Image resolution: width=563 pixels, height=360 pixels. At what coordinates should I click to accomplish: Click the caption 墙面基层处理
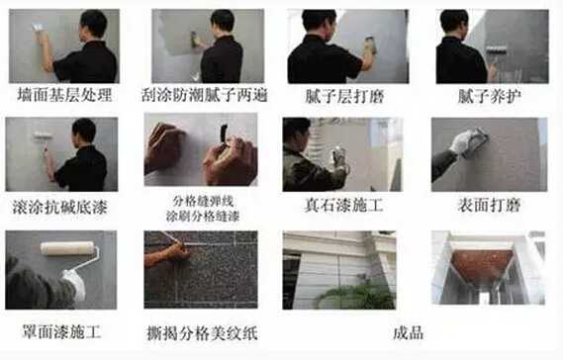pyautogui.click(x=64, y=96)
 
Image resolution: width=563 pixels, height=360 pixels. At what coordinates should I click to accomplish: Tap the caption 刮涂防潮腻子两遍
pyautogui.click(x=205, y=96)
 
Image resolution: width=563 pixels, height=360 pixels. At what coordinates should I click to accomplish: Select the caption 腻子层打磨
pyautogui.click(x=344, y=96)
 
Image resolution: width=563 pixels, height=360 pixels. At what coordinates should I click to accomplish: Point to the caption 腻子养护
pyautogui.click(x=490, y=96)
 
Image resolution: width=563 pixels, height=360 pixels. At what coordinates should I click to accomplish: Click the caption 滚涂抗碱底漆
pyautogui.click(x=60, y=207)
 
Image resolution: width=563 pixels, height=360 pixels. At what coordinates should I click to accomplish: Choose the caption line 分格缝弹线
pyautogui.click(x=203, y=202)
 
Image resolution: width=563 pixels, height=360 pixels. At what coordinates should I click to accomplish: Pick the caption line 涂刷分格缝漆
pyautogui.click(x=203, y=216)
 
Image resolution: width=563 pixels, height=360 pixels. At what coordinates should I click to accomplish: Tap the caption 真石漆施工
pyautogui.click(x=343, y=206)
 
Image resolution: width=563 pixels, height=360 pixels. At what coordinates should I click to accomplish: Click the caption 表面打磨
pyautogui.click(x=489, y=206)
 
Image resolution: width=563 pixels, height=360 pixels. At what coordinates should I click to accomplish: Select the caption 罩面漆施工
pyautogui.click(x=61, y=331)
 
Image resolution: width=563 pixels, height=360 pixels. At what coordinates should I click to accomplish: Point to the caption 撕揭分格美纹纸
pyautogui.click(x=202, y=333)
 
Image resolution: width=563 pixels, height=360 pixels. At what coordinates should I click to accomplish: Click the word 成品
pyautogui.click(x=409, y=332)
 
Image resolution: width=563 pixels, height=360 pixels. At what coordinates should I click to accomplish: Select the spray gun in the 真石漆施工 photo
pyautogui.click(x=340, y=159)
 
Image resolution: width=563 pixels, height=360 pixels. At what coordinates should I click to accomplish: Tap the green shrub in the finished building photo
pyautogui.click(x=357, y=295)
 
